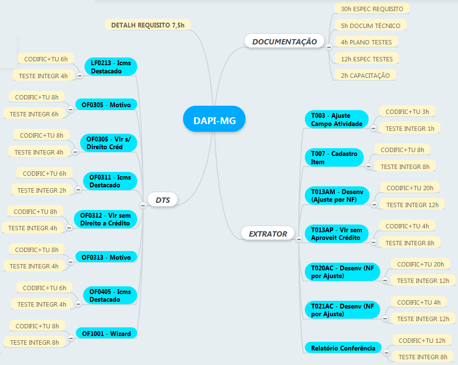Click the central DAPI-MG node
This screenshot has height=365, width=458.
click(x=215, y=120)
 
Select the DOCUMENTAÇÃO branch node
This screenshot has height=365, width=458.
click(x=284, y=42)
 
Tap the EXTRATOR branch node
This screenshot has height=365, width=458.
click(x=268, y=234)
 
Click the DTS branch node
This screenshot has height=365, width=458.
click(x=163, y=200)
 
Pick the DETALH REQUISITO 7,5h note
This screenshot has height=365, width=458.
click(x=147, y=25)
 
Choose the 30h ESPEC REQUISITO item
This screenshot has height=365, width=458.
click(x=372, y=9)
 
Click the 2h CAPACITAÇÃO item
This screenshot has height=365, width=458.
click(x=365, y=75)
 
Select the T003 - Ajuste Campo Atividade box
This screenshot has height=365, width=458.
click(x=336, y=120)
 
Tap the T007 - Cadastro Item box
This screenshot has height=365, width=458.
click(x=334, y=158)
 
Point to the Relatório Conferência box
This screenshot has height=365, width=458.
click(x=343, y=348)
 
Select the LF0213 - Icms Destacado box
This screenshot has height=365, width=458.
click(x=111, y=67)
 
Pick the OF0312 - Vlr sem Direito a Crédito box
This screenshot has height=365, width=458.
click(x=105, y=219)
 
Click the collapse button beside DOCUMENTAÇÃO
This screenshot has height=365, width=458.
click(x=329, y=47)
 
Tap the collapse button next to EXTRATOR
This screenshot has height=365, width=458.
click(x=299, y=239)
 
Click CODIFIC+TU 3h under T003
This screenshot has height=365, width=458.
click(x=407, y=112)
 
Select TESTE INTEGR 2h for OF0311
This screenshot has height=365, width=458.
click(x=42, y=190)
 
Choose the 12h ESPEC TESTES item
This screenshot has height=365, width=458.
click(x=366, y=59)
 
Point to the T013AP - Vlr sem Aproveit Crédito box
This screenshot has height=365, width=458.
click(x=336, y=234)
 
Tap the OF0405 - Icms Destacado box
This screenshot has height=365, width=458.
click(x=110, y=295)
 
